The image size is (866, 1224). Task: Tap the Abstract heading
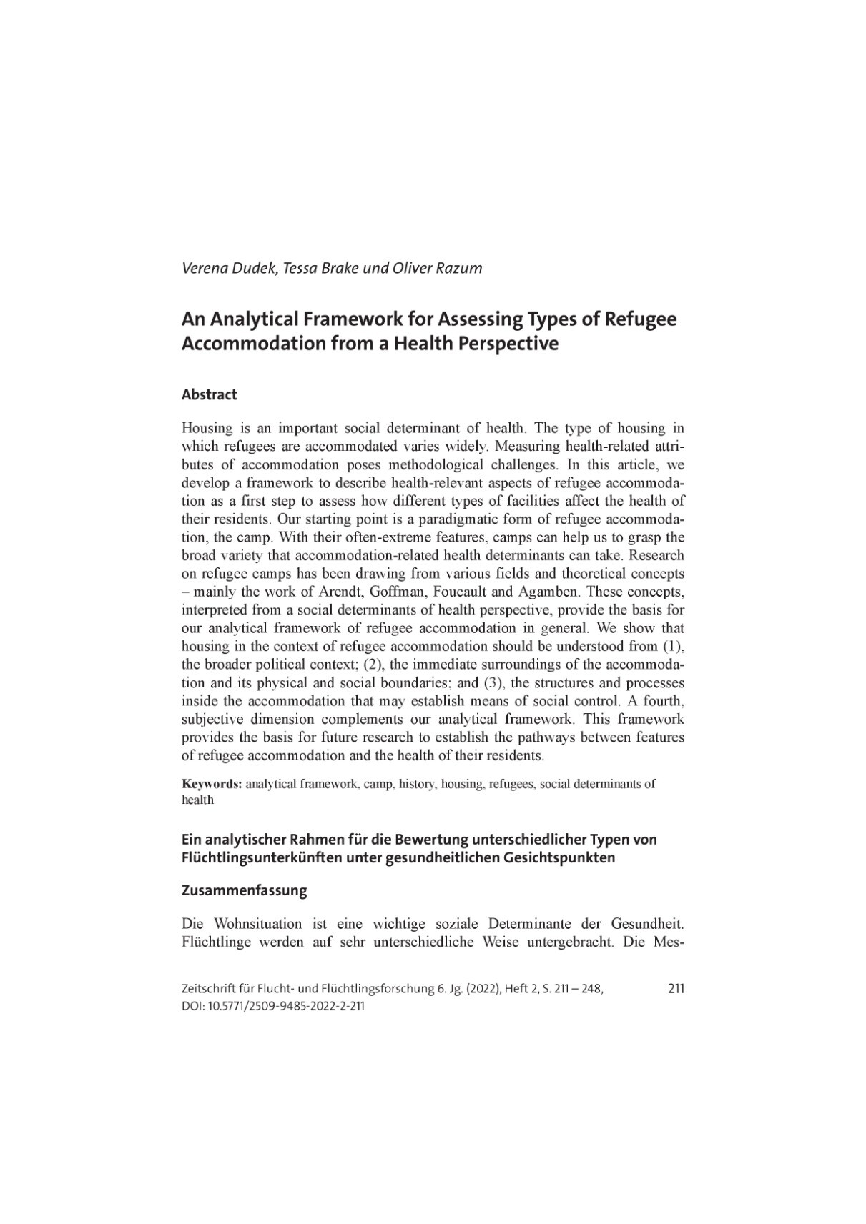tap(209, 394)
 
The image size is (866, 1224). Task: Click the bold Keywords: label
tap(212, 784)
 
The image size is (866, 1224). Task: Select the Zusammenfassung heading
tap(244, 891)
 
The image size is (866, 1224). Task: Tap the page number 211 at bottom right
tap(676, 989)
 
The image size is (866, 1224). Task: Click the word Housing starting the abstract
tap(207, 429)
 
